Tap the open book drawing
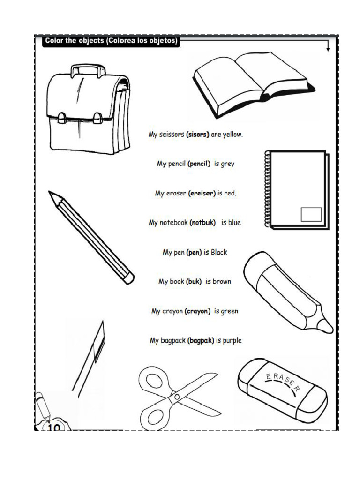pos(254,85)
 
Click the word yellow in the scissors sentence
pos(232,135)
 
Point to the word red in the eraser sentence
pos(230,193)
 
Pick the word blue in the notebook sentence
pos(234,223)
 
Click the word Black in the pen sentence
pos(219,252)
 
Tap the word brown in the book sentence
pos(222,281)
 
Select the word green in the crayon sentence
pos(229,311)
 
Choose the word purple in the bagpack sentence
pos(232,341)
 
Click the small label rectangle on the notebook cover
pos(311,214)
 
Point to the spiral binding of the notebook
pos(267,188)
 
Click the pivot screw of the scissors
pos(177,397)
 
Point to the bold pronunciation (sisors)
pos(197,135)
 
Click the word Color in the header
pos(54,41)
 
